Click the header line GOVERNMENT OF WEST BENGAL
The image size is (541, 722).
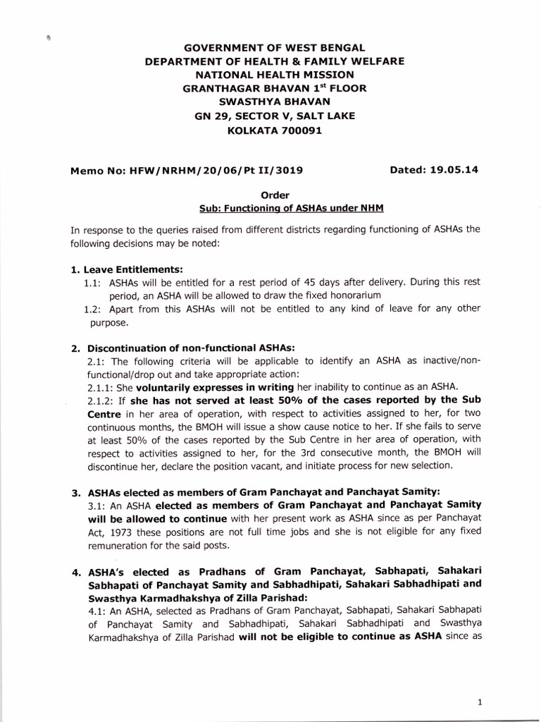pyautogui.click(x=274, y=48)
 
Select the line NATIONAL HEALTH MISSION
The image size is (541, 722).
pyautogui.click(x=274, y=75)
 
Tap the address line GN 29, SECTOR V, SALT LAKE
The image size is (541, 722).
pyautogui.click(x=274, y=116)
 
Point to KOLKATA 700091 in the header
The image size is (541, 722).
pyautogui.click(x=274, y=129)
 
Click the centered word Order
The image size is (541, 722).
pyautogui.click(x=275, y=195)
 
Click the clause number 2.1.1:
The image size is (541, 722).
pyautogui.click(x=104, y=387)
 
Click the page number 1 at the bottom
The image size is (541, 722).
pyautogui.click(x=479, y=682)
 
